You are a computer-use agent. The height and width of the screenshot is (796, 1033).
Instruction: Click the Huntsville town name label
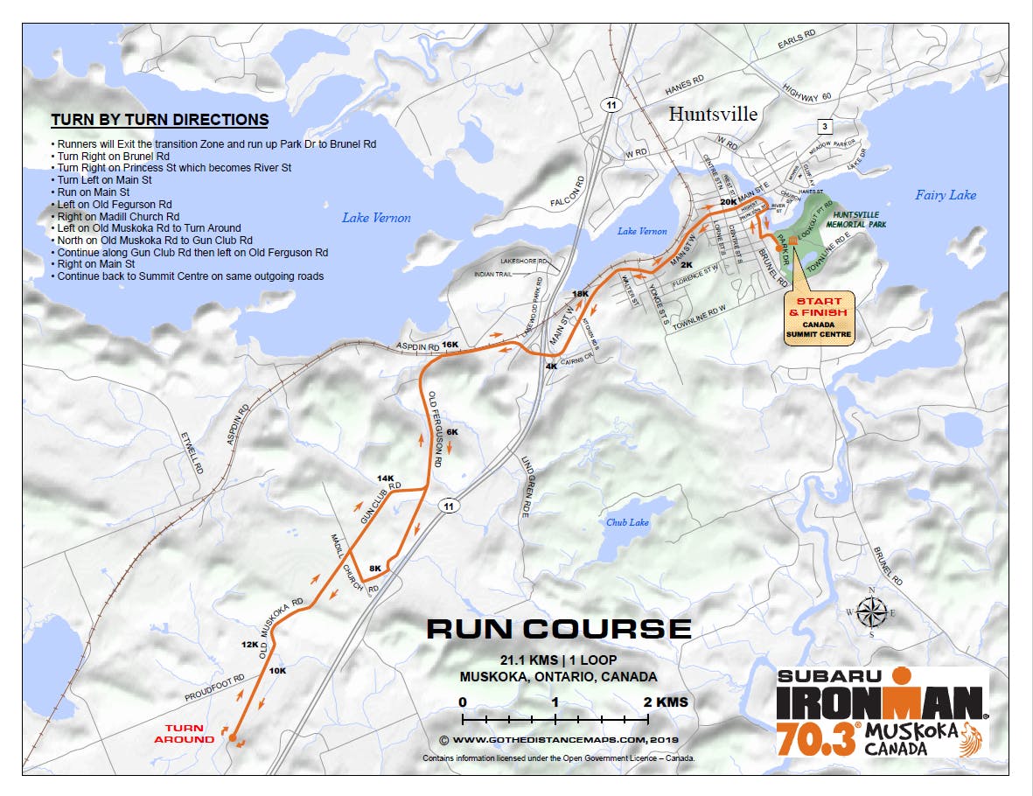(713, 114)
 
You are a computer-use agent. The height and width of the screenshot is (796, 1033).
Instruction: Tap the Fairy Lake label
(946, 195)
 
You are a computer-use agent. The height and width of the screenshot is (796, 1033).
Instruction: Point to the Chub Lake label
(628, 522)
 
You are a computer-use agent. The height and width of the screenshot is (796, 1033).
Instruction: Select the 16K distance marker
(450, 345)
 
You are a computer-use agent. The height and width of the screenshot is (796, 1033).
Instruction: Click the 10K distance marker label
(278, 671)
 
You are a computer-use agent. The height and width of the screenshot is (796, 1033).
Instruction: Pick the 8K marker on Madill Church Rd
(375, 569)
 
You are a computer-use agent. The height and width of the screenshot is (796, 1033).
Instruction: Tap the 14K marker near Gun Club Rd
(386, 478)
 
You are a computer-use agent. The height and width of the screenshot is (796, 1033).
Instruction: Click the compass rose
(869, 611)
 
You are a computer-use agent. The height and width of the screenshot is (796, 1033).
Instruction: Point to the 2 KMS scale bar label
(666, 702)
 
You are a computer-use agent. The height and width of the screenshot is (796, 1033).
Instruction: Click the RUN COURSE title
(558, 629)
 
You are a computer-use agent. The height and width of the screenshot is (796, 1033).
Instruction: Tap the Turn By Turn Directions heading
(159, 120)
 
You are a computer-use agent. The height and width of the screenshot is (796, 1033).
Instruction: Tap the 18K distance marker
(579, 294)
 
